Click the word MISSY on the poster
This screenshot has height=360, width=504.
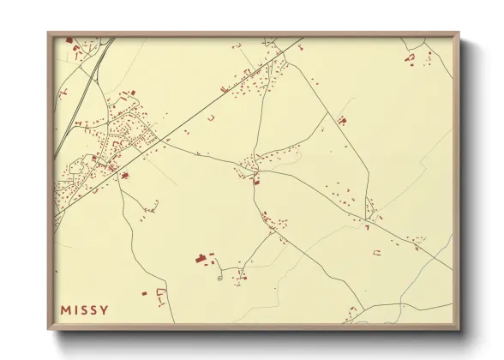(x=85, y=309)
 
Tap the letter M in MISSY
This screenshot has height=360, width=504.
(x=65, y=309)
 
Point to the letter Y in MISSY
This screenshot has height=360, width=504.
(x=105, y=309)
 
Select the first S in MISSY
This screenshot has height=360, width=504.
(x=86, y=309)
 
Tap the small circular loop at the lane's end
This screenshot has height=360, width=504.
(x=219, y=276)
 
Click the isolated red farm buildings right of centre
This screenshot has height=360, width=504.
(x=343, y=120)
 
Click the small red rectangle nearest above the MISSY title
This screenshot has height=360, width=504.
(x=144, y=293)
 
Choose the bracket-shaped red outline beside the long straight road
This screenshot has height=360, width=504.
(x=210, y=117)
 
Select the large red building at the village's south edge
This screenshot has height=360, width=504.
(x=125, y=175)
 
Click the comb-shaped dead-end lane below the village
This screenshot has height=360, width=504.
(x=152, y=206)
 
